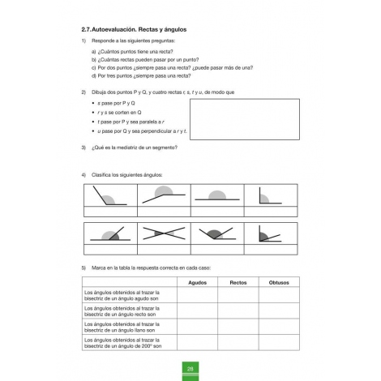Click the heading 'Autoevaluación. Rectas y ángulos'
141,30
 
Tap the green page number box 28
190,369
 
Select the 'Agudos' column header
197,282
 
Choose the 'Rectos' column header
238,282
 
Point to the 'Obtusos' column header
279,282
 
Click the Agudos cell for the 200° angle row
197,344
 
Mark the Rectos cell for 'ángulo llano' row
238,327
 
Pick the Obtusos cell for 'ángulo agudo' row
279,295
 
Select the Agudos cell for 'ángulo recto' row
197,311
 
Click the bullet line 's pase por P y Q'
125,103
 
